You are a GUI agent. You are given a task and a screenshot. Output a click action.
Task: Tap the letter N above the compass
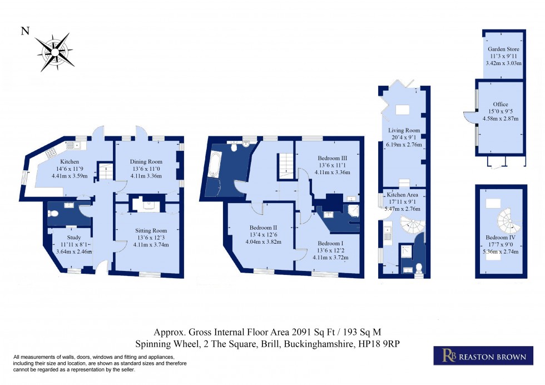point(25,32)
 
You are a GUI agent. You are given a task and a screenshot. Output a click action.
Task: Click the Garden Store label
point(500,50)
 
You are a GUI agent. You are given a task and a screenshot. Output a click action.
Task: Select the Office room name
point(501,105)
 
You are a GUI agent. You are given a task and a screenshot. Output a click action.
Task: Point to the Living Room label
point(404,130)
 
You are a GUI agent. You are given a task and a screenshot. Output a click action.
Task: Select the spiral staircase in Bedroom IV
point(508,220)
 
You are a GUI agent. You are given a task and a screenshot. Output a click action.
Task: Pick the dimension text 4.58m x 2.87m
point(501,119)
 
